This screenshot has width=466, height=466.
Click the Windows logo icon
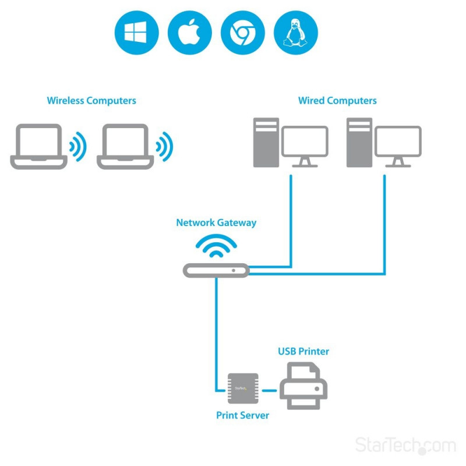pyautogui.click(x=136, y=33)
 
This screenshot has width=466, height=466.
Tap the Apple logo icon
pyautogui.click(x=189, y=33)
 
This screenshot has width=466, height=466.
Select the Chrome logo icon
pyautogui.click(x=242, y=33)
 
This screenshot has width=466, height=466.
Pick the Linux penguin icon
pyautogui.click(x=295, y=33)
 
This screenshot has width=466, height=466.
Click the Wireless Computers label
pyautogui.click(x=91, y=101)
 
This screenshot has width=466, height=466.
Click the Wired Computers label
pyautogui.click(x=337, y=101)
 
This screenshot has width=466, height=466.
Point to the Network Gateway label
pyautogui.click(x=216, y=223)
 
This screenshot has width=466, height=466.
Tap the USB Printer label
pyautogui.click(x=303, y=351)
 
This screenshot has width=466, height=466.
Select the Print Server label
pyautogui.click(x=243, y=415)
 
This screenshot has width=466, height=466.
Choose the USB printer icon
pyautogui.click(x=303, y=386)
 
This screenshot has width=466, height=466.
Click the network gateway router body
pyautogui.click(x=216, y=270)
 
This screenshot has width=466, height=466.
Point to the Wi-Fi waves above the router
pyautogui.click(x=216, y=246)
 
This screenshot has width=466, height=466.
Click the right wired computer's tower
pyautogui.click(x=359, y=143)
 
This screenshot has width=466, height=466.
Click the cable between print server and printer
pyautogui.click(x=268, y=390)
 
